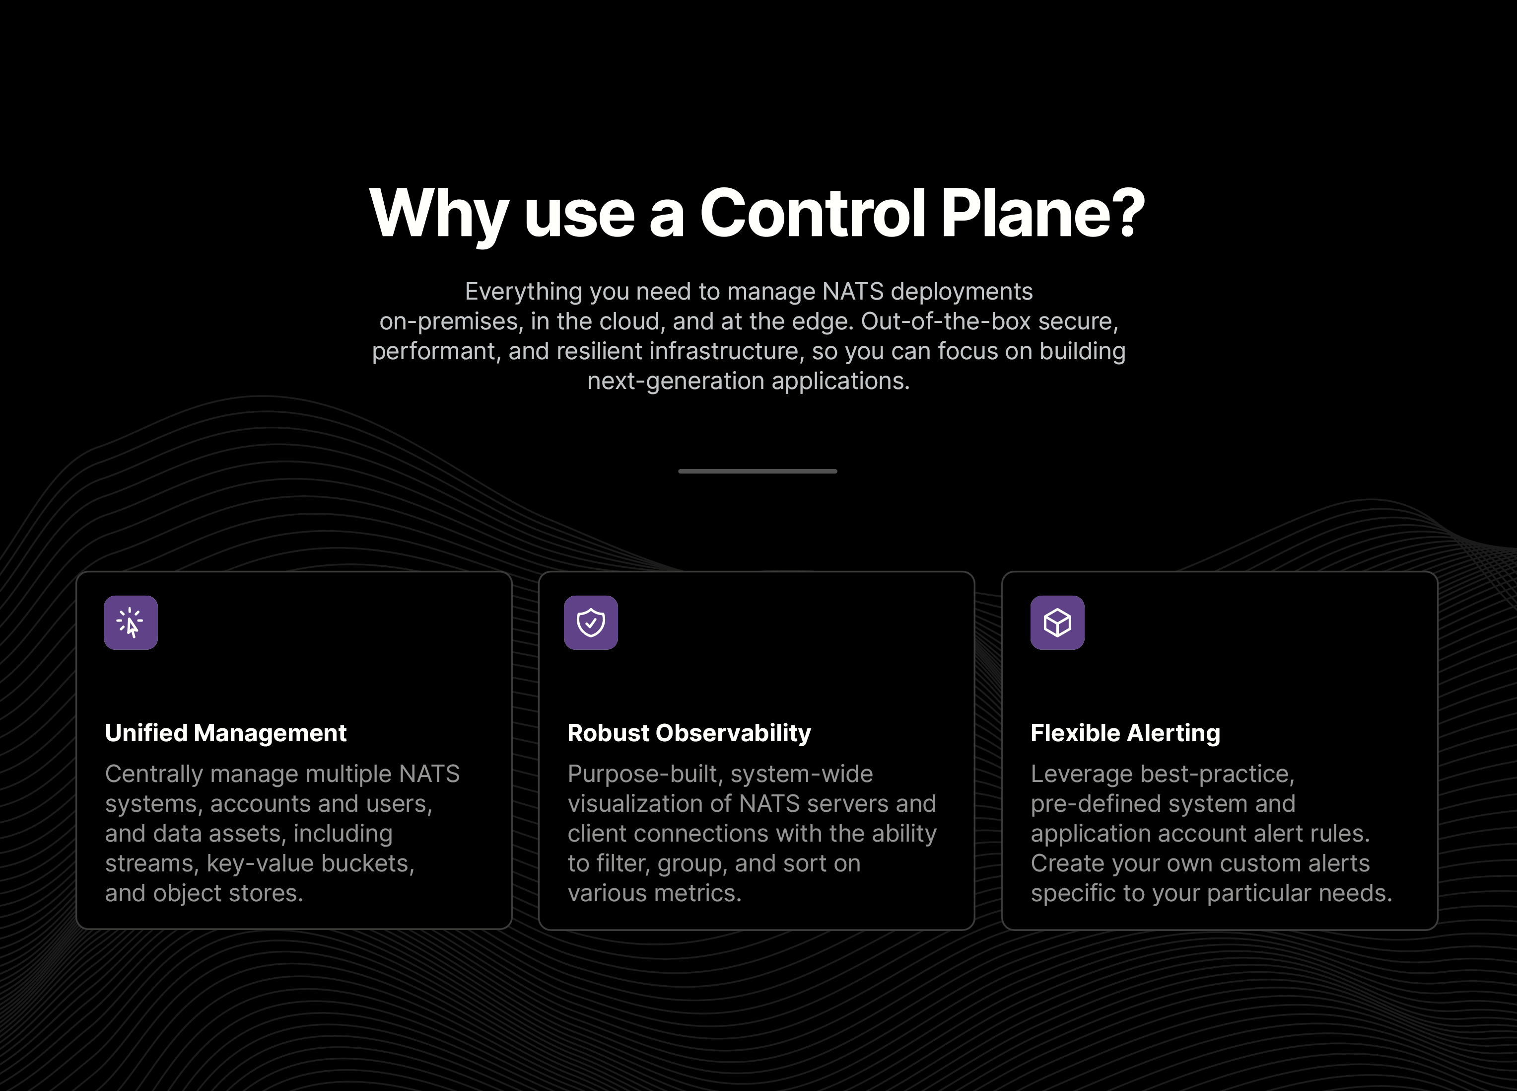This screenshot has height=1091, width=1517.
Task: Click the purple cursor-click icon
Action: point(131,623)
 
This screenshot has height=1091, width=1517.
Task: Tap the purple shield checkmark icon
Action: point(591,623)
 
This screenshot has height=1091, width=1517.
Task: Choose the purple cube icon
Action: point(1057,623)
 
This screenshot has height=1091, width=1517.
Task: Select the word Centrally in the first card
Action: point(154,775)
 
